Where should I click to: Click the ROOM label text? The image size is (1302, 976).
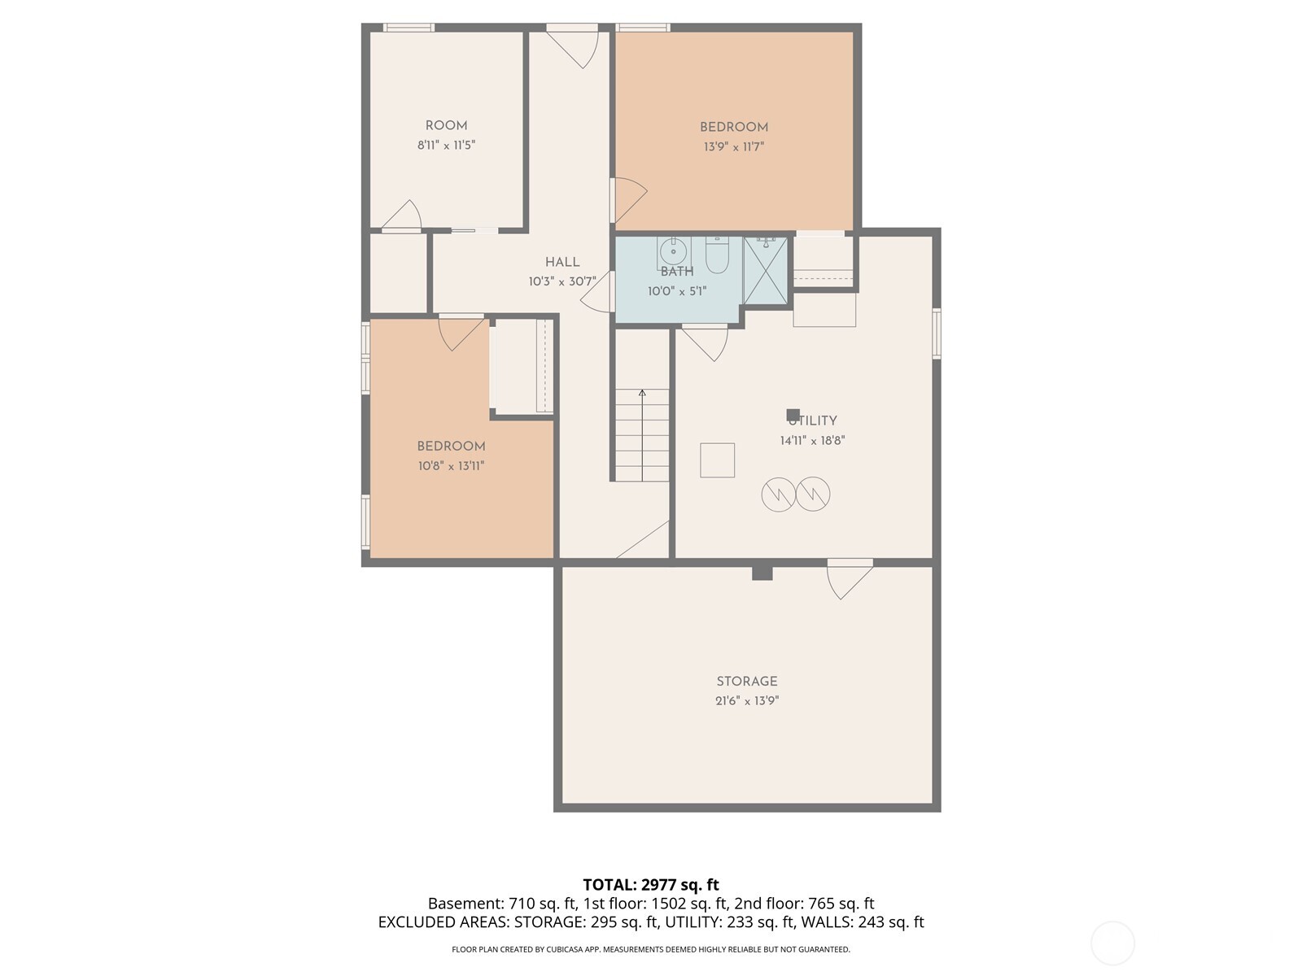point(446,125)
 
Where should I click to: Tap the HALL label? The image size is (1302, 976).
point(562,262)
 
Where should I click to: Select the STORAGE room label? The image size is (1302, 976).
point(747,682)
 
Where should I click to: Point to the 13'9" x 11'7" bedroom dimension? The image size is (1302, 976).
point(734,146)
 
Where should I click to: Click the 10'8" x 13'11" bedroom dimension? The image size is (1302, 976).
point(451,466)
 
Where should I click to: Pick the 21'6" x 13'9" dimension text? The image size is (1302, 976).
point(747,700)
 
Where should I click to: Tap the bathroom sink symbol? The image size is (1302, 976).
point(674,251)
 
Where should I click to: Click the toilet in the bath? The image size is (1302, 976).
point(717,255)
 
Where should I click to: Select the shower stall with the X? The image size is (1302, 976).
point(765,271)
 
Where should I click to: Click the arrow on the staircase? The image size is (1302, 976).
point(642,435)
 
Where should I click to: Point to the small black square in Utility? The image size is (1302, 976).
point(793,415)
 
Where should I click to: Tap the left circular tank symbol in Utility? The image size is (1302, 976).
point(778,495)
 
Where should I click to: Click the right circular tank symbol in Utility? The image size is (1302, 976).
point(813,495)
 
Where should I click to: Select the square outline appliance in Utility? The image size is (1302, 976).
point(717,460)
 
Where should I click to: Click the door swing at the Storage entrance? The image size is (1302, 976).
point(850,581)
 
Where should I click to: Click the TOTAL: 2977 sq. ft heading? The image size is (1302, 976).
point(651,885)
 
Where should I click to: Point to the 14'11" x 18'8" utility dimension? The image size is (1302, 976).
point(812,440)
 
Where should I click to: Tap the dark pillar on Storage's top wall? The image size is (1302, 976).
point(762,573)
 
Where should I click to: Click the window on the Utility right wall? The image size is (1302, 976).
point(937,333)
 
